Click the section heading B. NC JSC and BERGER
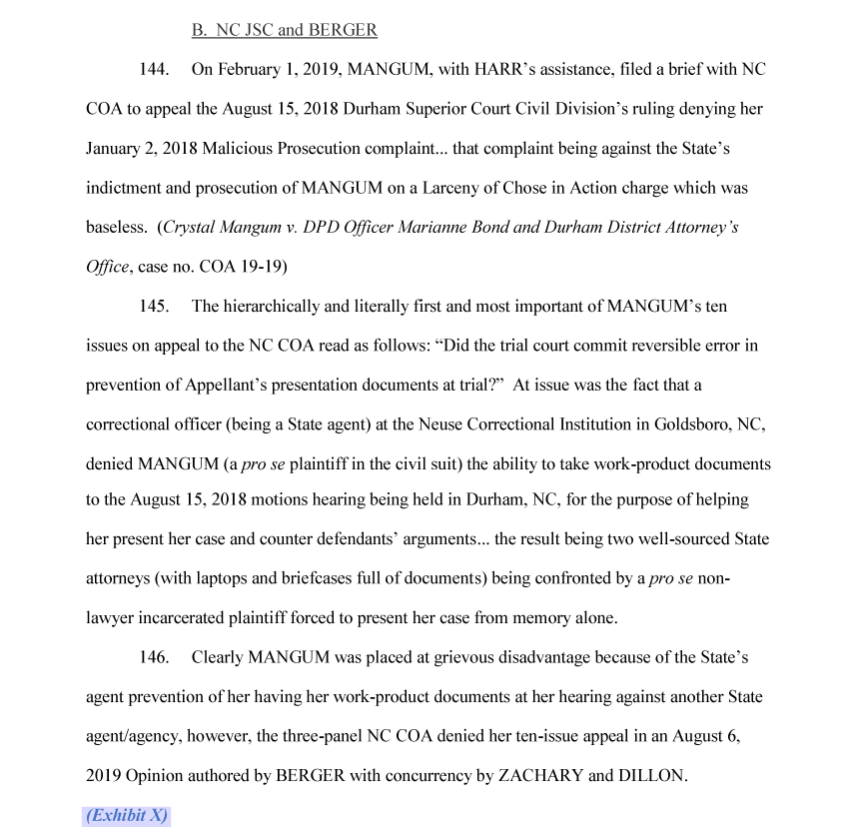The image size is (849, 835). click(284, 30)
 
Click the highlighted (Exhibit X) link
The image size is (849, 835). click(127, 814)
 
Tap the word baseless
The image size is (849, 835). click(116, 227)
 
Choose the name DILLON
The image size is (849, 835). click(651, 775)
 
